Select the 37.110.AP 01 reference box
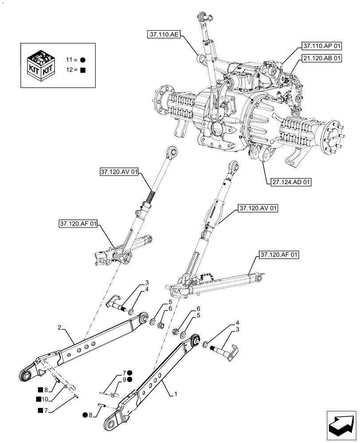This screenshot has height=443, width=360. [322, 46]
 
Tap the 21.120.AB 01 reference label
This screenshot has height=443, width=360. [322, 58]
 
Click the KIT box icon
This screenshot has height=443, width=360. [41, 65]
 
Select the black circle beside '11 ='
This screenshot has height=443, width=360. [83, 60]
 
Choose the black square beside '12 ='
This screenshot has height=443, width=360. [83, 70]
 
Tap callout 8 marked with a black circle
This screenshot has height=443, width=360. [90, 415]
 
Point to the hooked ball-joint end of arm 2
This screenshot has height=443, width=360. [27, 375]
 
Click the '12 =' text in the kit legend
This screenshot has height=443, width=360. [71, 70]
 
